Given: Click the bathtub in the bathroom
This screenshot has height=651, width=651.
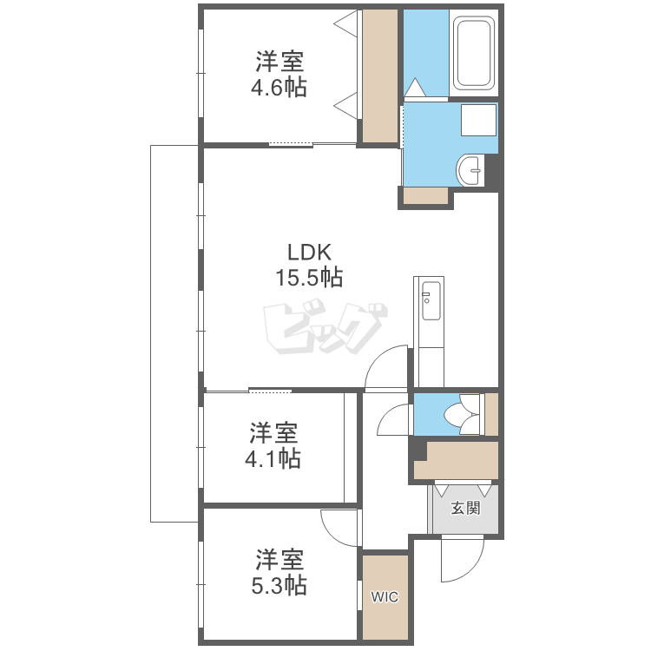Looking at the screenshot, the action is (x=473, y=53).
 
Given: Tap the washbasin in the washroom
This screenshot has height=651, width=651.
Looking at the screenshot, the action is (x=470, y=170).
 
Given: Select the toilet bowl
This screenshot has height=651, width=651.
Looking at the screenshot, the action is (x=462, y=414).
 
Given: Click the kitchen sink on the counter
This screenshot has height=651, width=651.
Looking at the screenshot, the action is (x=431, y=301).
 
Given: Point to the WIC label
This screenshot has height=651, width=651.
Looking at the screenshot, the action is (x=385, y=597).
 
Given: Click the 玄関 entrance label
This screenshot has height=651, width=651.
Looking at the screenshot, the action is (x=466, y=508).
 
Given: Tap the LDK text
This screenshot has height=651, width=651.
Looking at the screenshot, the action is (x=310, y=252).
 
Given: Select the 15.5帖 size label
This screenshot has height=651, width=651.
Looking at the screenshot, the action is (x=309, y=278).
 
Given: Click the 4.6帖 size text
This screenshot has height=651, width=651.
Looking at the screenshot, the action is (x=279, y=88).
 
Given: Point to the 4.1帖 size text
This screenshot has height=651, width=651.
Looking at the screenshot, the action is (x=273, y=459).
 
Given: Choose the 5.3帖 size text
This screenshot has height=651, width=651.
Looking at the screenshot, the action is (x=279, y=586).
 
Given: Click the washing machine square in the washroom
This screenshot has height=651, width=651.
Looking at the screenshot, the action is (x=478, y=120).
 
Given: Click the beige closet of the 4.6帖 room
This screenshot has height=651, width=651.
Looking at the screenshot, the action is (x=380, y=76).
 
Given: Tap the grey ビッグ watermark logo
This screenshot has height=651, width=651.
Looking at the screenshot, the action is (x=325, y=326).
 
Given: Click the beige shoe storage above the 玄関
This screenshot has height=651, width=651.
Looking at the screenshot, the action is (x=457, y=460).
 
